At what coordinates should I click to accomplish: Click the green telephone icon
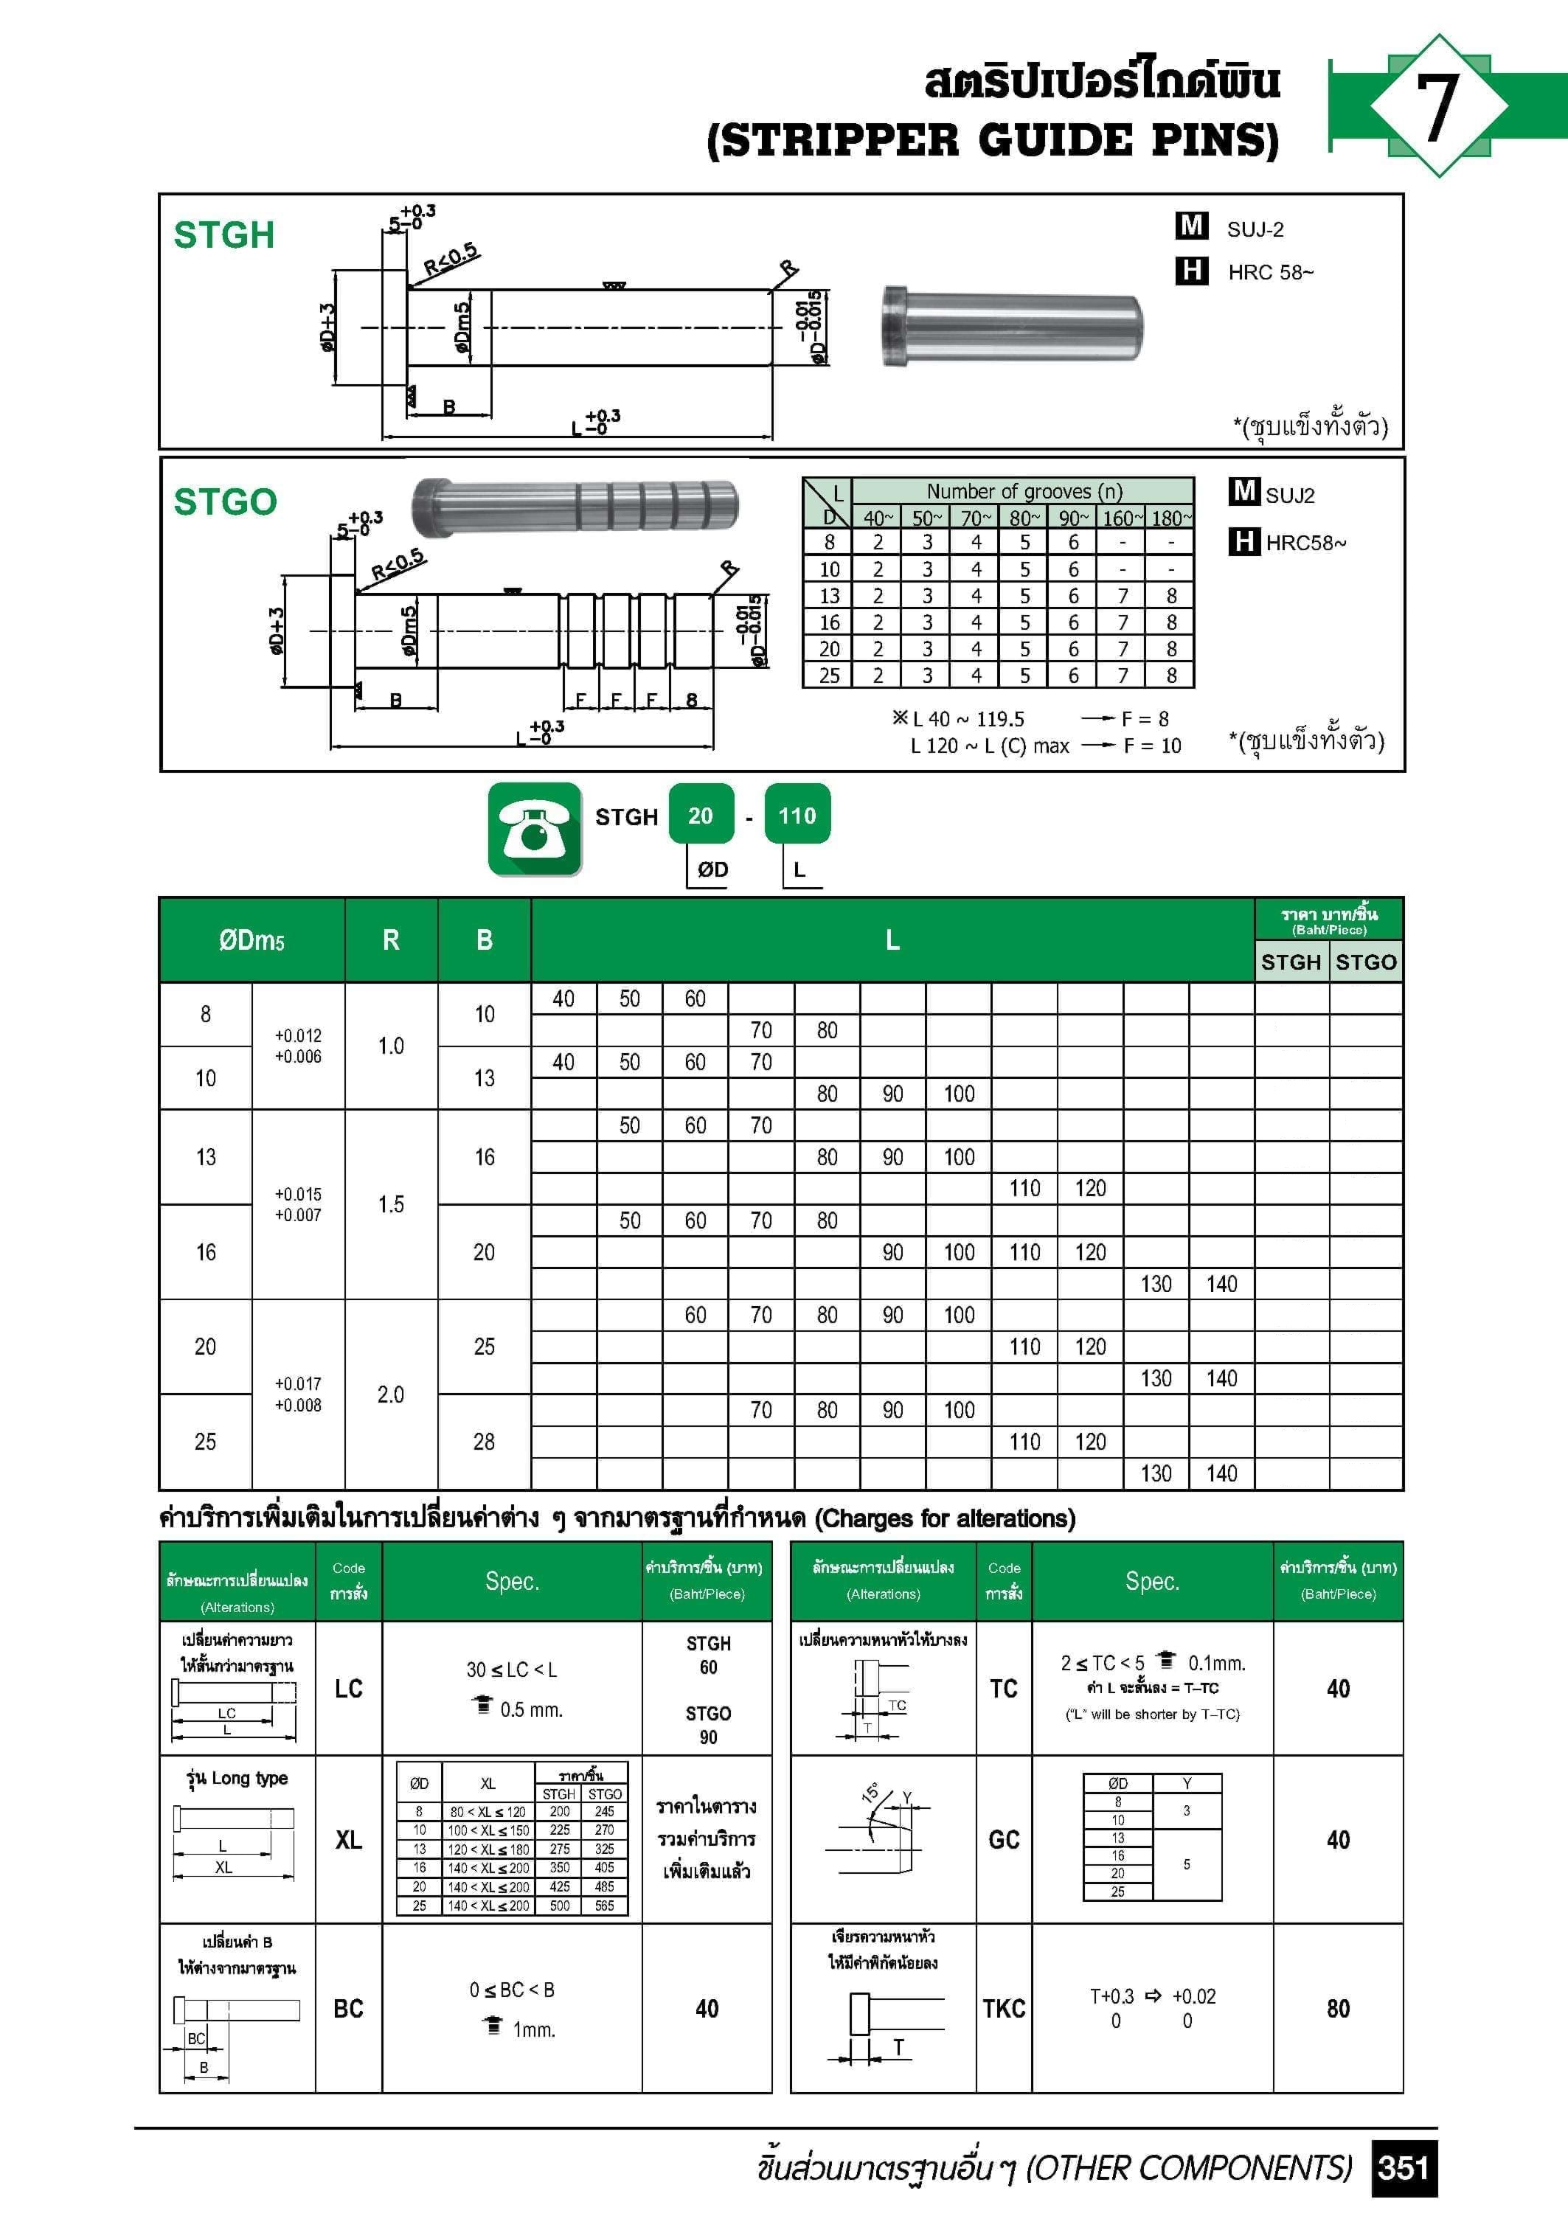point(534,828)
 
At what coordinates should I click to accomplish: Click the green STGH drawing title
point(223,235)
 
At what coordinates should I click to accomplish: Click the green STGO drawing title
point(224,502)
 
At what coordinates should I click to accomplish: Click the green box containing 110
point(797,816)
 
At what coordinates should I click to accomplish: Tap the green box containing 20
point(701,816)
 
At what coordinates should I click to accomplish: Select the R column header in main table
point(391,939)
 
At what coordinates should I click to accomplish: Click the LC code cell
point(349,1688)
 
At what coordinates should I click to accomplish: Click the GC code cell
point(1004,1840)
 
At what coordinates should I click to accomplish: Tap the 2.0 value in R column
point(391,1394)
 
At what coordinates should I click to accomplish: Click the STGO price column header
point(1365,962)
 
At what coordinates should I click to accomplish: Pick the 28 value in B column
point(484,1442)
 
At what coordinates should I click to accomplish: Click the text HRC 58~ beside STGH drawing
point(1270,272)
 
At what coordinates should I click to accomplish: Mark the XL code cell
point(349,1840)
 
